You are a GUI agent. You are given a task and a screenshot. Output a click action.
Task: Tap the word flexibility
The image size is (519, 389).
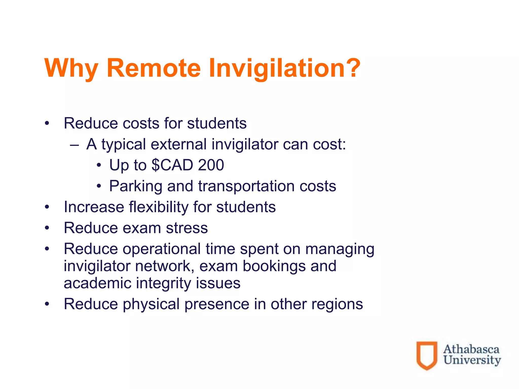coord(159,207)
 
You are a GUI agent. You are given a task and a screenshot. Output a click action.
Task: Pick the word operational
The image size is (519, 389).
coord(162,249)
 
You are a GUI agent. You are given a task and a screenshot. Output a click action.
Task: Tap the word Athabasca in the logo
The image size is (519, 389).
coord(471,349)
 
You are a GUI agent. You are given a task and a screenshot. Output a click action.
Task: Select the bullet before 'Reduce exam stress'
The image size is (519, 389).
coord(47,228)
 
